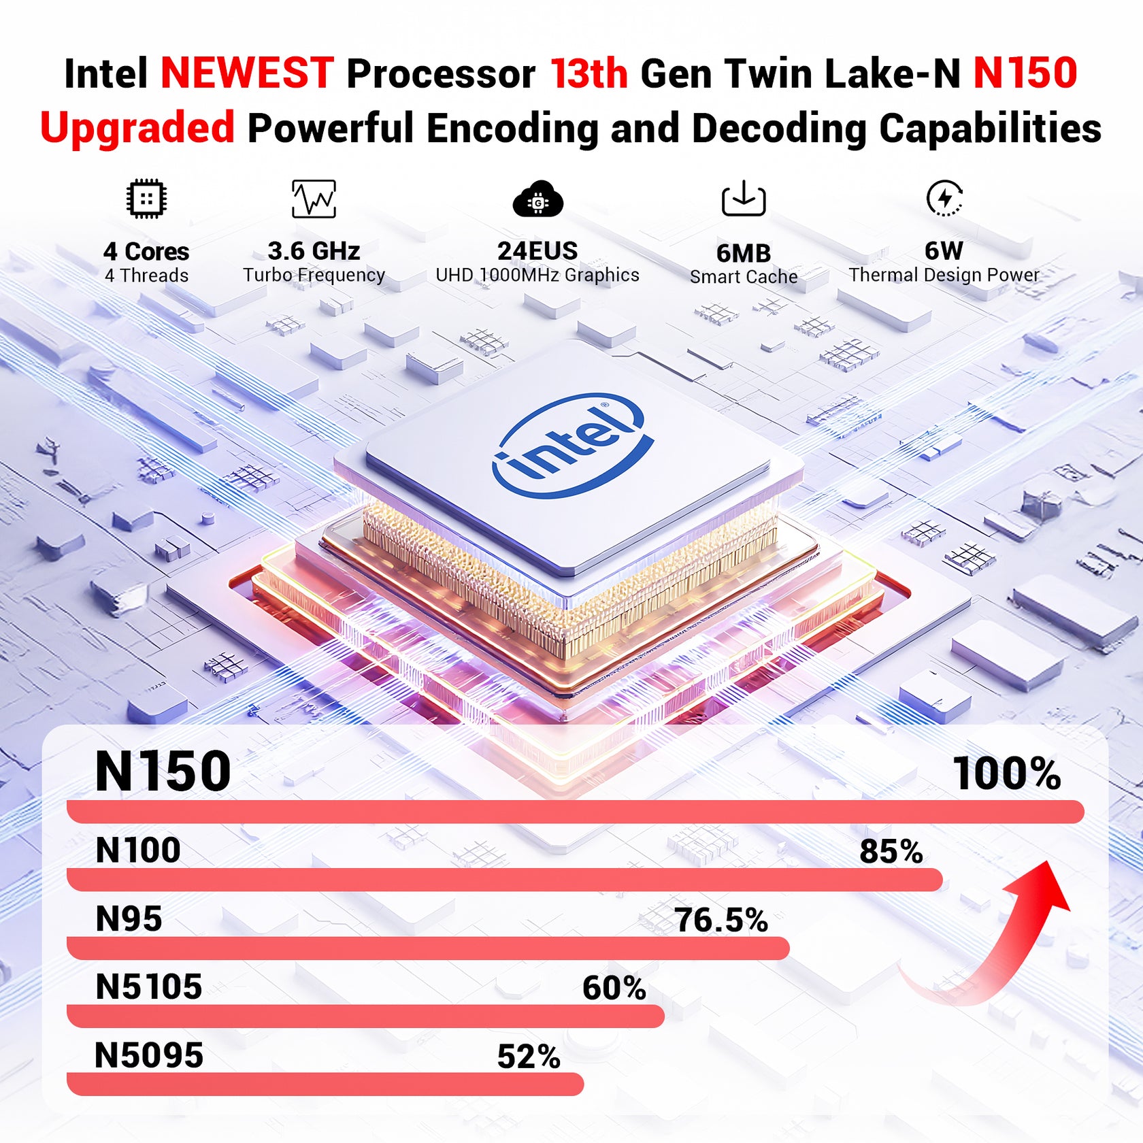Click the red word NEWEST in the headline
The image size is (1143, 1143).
[247, 73]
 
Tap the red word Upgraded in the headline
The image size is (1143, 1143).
[137, 128]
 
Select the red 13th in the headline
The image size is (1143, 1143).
[589, 73]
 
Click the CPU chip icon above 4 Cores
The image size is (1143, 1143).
[146, 199]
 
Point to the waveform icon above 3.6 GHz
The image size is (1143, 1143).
[314, 199]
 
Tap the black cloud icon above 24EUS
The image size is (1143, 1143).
[537, 199]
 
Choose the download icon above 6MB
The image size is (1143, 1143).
[744, 199]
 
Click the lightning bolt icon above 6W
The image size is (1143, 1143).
[944, 198]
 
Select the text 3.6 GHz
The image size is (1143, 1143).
[314, 251]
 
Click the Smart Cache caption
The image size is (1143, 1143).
[744, 277]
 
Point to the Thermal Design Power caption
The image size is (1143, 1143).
[944, 275]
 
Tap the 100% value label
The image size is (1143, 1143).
[1006, 774]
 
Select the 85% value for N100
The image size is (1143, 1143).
[891, 851]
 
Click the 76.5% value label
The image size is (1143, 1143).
[720, 920]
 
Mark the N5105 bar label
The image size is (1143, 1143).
[149, 987]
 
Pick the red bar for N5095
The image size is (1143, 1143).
[325, 1084]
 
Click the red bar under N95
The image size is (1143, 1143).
[428, 948]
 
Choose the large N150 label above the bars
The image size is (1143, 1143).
[163, 772]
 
